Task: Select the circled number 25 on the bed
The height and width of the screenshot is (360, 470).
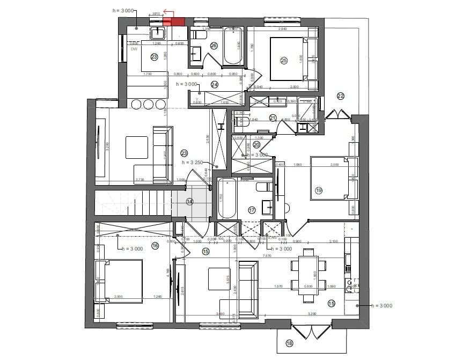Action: pyautogui.click(x=284, y=61)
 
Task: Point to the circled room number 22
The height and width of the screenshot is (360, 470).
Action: pyautogui.click(x=340, y=96)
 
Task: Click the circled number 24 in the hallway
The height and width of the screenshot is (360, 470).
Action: pyautogui.click(x=215, y=84)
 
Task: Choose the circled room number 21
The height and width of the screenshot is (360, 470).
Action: pyautogui.click(x=273, y=118)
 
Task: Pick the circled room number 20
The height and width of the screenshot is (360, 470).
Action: pyautogui.click(x=256, y=144)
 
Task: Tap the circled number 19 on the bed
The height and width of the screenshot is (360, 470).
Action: pyautogui.click(x=319, y=190)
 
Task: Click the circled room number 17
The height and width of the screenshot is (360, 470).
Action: pyautogui.click(x=252, y=210)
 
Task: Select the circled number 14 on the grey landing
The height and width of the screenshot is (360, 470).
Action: pyautogui.click(x=189, y=201)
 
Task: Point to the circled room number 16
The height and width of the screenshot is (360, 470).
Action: pyautogui.click(x=155, y=246)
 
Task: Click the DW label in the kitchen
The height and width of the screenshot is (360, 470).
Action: pyautogui.click(x=134, y=49)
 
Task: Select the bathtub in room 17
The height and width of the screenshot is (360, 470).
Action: pyautogui.click(x=226, y=199)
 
